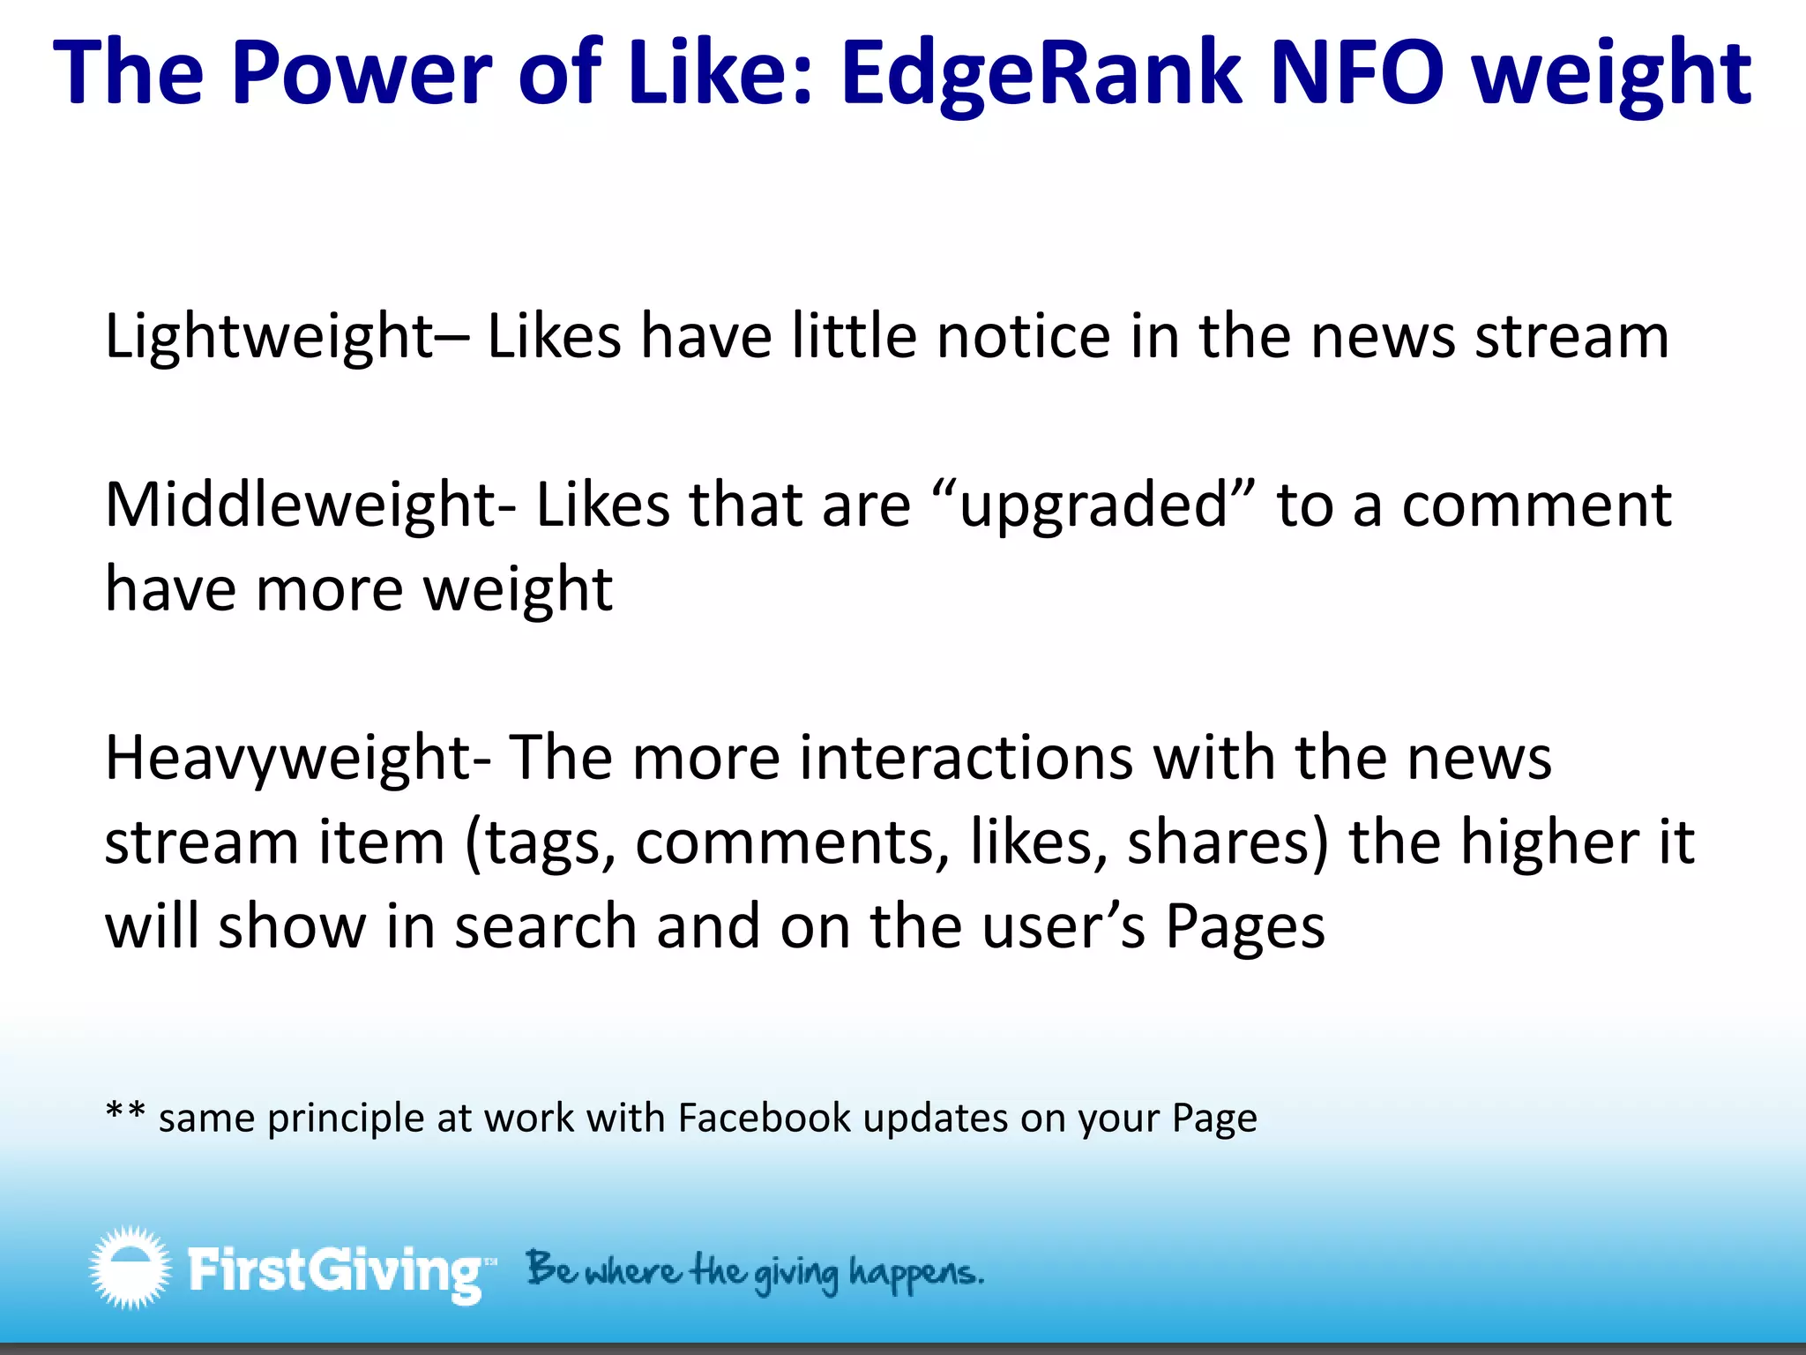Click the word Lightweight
click(x=269, y=338)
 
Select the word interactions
click(x=966, y=759)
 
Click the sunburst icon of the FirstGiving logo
click(x=130, y=1267)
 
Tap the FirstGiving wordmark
click(x=335, y=1270)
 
